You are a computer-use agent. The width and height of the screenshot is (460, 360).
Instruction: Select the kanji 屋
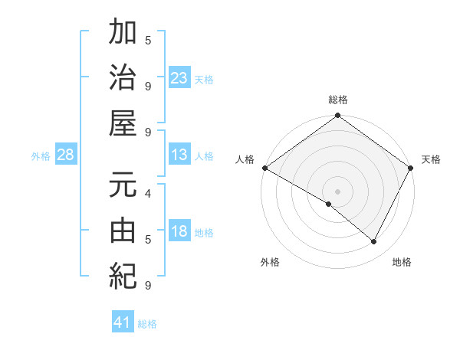coord(123,123)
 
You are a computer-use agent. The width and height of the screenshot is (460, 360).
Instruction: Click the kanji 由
coord(123,230)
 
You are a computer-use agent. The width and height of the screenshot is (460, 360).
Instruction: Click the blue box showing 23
coord(179,78)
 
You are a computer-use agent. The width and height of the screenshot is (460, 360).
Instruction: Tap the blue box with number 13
coord(179,155)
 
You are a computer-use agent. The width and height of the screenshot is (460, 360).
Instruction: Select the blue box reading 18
coord(179,232)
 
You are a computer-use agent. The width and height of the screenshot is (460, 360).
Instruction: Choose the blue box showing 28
coord(66,155)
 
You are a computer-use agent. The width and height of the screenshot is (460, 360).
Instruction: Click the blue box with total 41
coord(123,323)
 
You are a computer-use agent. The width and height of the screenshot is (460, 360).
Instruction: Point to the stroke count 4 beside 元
coord(147,194)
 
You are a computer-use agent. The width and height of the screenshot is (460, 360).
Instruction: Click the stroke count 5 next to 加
coord(147,40)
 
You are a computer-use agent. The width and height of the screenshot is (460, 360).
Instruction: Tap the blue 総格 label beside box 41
coord(147,324)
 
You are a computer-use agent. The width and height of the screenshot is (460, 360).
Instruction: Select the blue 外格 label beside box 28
coord(41,156)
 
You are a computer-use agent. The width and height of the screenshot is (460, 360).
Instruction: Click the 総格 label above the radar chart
coord(337,100)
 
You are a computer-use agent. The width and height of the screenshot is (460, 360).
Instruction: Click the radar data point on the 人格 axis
coord(264,168)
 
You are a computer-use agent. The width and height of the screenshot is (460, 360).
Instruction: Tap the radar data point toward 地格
coord(374,242)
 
